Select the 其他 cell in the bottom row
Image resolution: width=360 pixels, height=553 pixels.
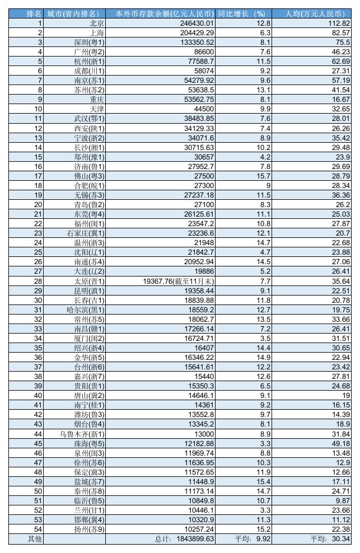point(26,539)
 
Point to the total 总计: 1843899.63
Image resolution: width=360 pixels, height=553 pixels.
point(184,539)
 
